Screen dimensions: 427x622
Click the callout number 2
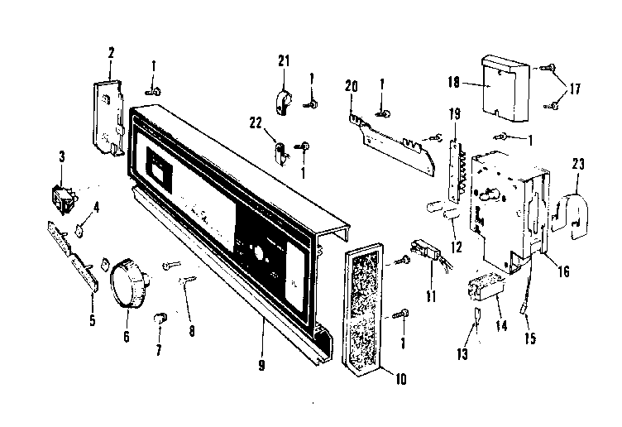click(x=111, y=52)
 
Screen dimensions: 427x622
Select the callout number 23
click(x=577, y=164)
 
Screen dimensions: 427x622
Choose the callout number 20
click(x=352, y=85)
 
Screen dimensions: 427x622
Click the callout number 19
click(x=453, y=113)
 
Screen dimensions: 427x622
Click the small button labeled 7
click(x=160, y=318)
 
